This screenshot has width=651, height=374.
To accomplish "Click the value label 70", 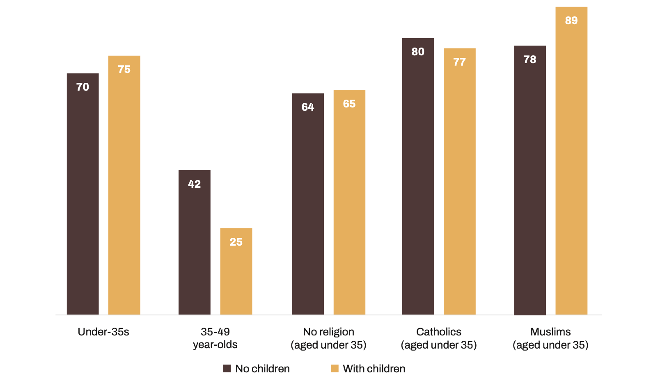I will [83, 87].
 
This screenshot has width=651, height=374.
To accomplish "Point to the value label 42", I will [194, 184].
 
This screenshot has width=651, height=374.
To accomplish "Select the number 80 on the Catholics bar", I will [418, 52].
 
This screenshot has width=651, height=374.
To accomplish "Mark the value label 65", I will [349, 104].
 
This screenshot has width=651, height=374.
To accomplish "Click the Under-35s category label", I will [103, 332].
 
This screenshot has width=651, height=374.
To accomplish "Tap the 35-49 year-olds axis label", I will [215, 338].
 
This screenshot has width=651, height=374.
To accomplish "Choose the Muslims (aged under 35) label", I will [550, 338].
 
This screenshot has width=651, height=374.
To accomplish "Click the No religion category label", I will [328, 338].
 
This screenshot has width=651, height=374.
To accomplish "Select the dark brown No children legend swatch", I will [227, 368].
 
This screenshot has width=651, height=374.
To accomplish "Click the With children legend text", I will [374, 368].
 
